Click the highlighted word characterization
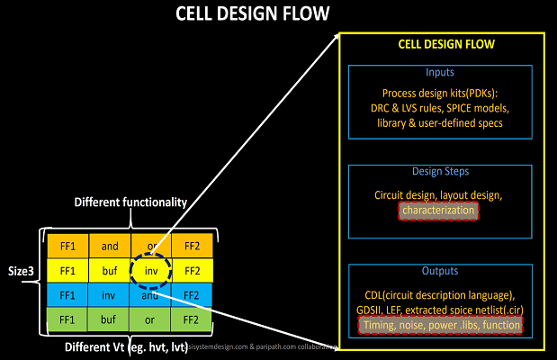click(438, 210)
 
